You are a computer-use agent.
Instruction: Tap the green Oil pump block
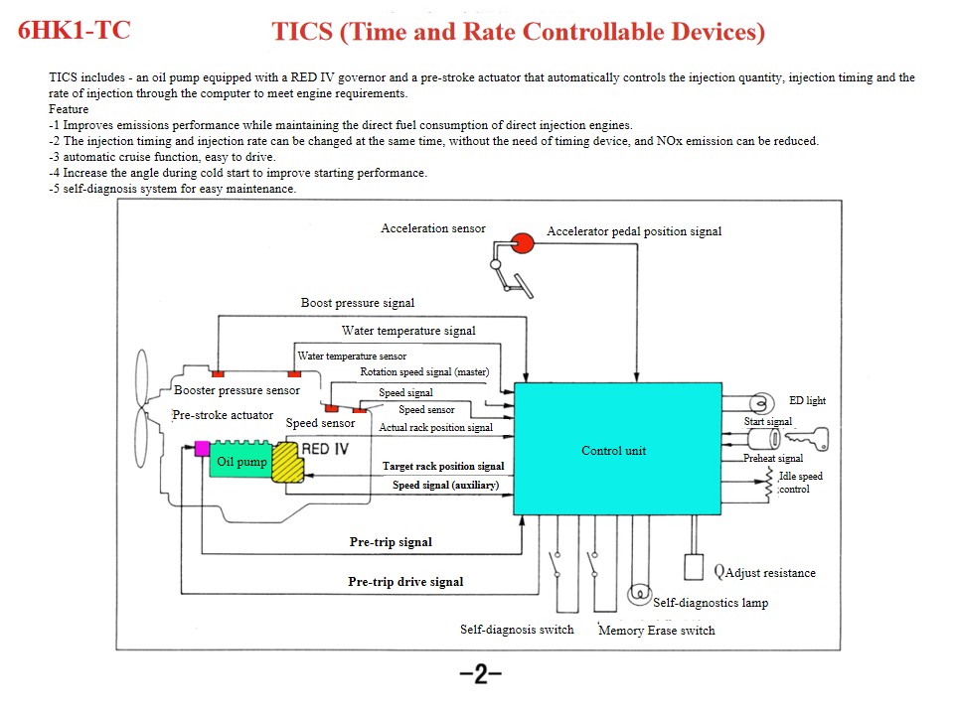coord(241,462)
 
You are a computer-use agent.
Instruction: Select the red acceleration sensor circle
coord(523,241)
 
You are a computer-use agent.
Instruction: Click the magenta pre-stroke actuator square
coord(201,447)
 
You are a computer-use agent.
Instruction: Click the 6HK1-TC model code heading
coord(75,30)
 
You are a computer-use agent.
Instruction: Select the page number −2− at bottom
coord(480,675)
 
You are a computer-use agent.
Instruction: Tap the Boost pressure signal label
coord(358,303)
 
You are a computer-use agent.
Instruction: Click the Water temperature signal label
coord(408,331)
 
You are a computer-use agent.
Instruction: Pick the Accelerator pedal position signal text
coord(634,231)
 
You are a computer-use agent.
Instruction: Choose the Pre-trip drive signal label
coord(405,581)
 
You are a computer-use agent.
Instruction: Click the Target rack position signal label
coord(443,466)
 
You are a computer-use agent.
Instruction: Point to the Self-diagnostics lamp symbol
coord(637,593)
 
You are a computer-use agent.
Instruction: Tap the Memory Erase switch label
coord(656,630)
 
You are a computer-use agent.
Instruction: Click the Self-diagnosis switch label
coord(517,629)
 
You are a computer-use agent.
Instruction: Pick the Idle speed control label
coord(800,483)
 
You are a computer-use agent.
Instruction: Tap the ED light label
coord(807,401)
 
